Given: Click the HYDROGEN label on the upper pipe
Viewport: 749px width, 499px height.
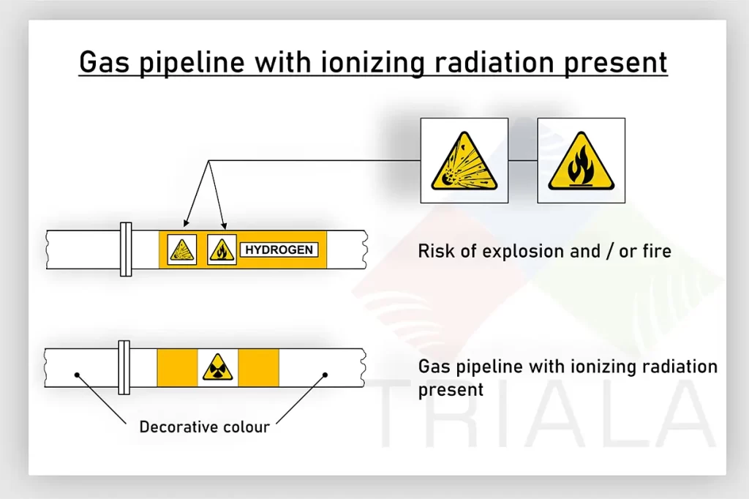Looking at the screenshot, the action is pyautogui.click(x=279, y=249).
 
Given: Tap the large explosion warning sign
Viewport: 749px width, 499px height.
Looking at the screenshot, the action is pyautogui.click(x=464, y=160).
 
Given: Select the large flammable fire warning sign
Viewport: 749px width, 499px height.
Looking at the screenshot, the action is pyautogui.click(x=581, y=160).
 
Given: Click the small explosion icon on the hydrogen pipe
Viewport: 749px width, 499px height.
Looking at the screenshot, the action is pyautogui.click(x=182, y=249).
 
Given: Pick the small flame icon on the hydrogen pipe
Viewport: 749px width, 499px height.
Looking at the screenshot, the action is pyautogui.click(x=222, y=249).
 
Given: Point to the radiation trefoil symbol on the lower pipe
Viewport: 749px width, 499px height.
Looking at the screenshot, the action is pyautogui.click(x=218, y=367).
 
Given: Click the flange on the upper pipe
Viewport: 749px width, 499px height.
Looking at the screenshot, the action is pyautogui.click(x=126, y=249).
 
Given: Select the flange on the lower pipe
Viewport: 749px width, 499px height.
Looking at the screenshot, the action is pyautogui.click(x=124, y=367).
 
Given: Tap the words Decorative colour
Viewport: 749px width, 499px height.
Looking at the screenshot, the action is pyautogui.click(x=205, y=427).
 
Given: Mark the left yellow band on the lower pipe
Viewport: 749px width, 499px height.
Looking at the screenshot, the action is pyautogui.click(x=177, y=367).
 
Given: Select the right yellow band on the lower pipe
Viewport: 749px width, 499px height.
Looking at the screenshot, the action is pyautogui.click(x=258, y=367).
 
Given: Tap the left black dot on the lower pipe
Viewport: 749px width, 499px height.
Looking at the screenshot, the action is pyautogui.click(x=77, y=375).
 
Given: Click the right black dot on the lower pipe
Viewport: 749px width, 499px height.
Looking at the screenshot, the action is pyautogui.click(x=325, y=375).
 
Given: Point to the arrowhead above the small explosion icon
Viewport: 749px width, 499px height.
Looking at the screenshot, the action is pyautogui.click(x=186, y=223).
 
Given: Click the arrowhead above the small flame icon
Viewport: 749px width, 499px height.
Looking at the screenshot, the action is pyautogui.click(x=224, y=225).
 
